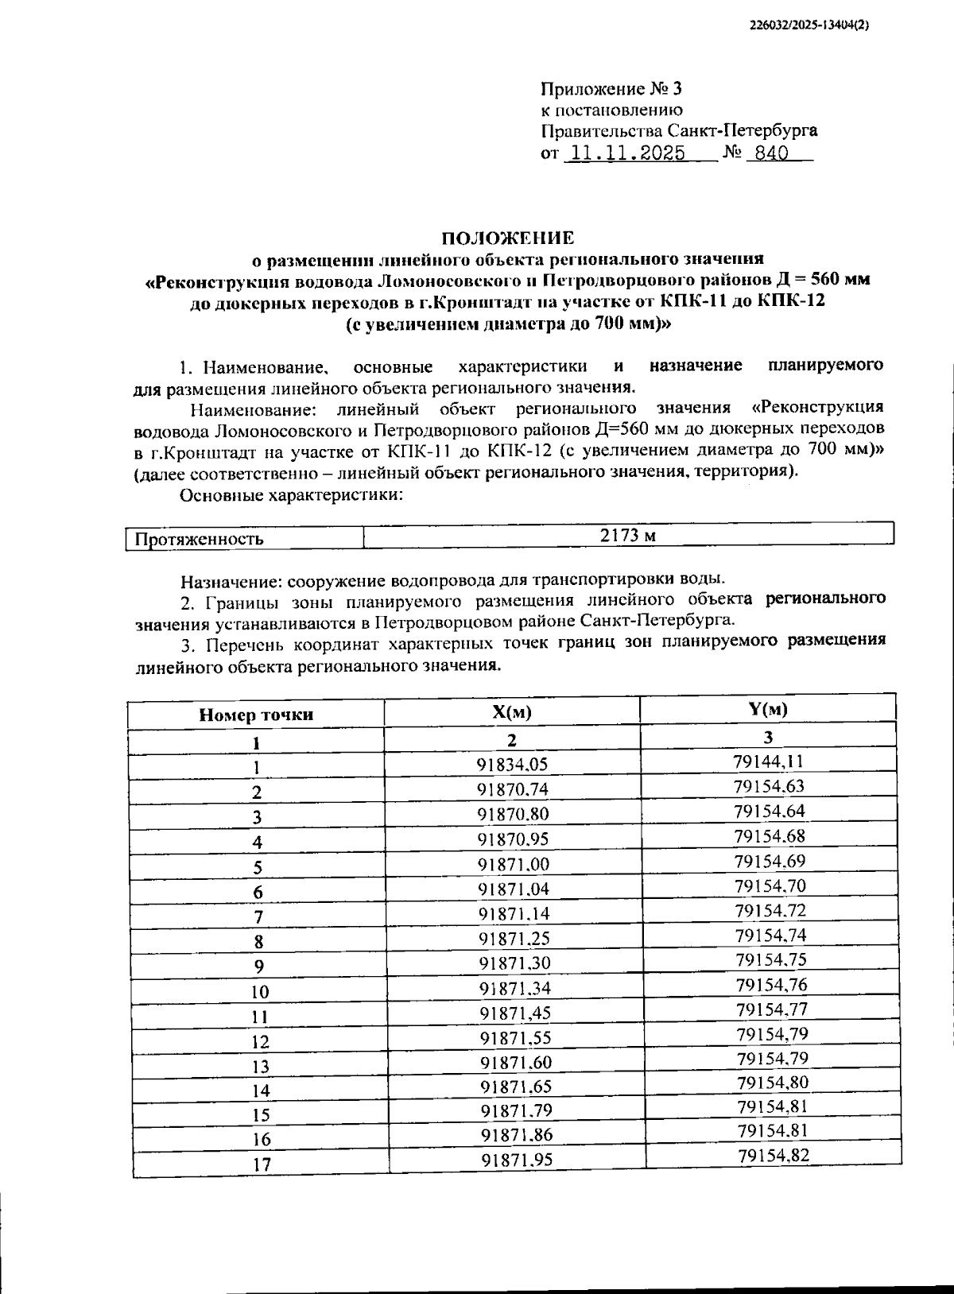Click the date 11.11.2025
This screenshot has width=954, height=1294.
pyautogui.click(x=624, y=153)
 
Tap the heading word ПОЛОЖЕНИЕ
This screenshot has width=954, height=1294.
pyautogui.click(x=507, y=238)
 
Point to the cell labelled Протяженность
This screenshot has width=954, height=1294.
pyautogui.click(x=200, y=539)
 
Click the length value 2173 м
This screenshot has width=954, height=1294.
pyautogui.click(x=627, y=535)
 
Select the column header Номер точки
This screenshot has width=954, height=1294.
pyautogui.click(x=256, y=715)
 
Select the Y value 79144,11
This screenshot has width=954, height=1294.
pyautogui.click(x=769, y=761)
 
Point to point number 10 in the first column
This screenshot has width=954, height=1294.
pyautogui.click(x=259, y=992)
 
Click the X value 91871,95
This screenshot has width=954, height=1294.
pyautogui.click(x=517, y=1160)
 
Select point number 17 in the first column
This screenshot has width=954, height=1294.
pyautogui.click(x=262, y=1164)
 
